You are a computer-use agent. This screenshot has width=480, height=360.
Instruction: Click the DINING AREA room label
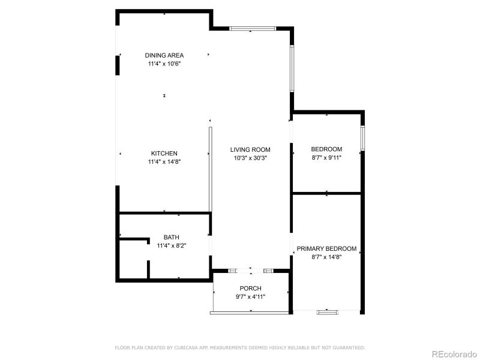pyautogui.click(x=164, y=55)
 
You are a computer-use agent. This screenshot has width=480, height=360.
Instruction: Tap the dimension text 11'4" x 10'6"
pyautogui.click(x=164, y=64)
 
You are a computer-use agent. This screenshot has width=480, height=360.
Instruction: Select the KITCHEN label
pyautogui.click(x=164, y=154)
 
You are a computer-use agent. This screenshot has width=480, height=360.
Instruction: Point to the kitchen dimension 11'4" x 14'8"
pyautogui.click(x=164, y=161)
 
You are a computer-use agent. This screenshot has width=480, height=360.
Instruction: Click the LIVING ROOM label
pyautogui.click(x=250, y=149)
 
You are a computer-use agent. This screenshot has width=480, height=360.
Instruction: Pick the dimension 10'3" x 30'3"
pyautogui.click(x=250, y=158)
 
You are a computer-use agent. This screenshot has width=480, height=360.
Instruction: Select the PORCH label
pyautogui.click(x=250, y=288)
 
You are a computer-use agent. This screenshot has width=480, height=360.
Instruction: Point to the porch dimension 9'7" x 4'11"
pyautogui.click(x=250, y=296)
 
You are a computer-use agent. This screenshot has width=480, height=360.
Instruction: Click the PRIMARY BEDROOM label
pyautogui.click(x=326, y=248)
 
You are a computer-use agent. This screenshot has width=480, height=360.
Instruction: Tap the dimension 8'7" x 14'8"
pyautogui.click(x=326, y=257)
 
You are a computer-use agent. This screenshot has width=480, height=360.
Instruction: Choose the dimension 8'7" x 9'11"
pyautogui.click(x=326, y=158)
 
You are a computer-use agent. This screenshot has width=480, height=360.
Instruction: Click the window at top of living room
pyautogui.click(x=253, y=28)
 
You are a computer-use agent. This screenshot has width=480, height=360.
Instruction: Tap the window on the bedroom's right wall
pyautogui.click(x=362, y=139)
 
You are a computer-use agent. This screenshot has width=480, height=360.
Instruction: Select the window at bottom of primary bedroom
pyautogui.click(x=327, y=311)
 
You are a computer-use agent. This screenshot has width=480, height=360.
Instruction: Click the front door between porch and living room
pyautogui.click(x=251, y=271)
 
